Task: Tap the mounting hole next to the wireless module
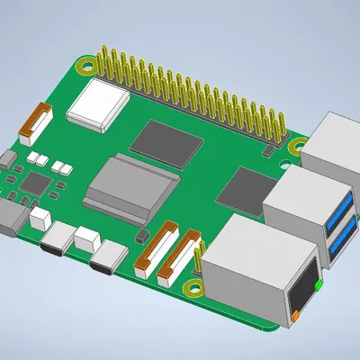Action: tap(84, 65)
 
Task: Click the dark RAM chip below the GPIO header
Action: tap(168, 138)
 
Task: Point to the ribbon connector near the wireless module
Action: tap(40, 122)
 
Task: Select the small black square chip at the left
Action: tap(34, 184)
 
